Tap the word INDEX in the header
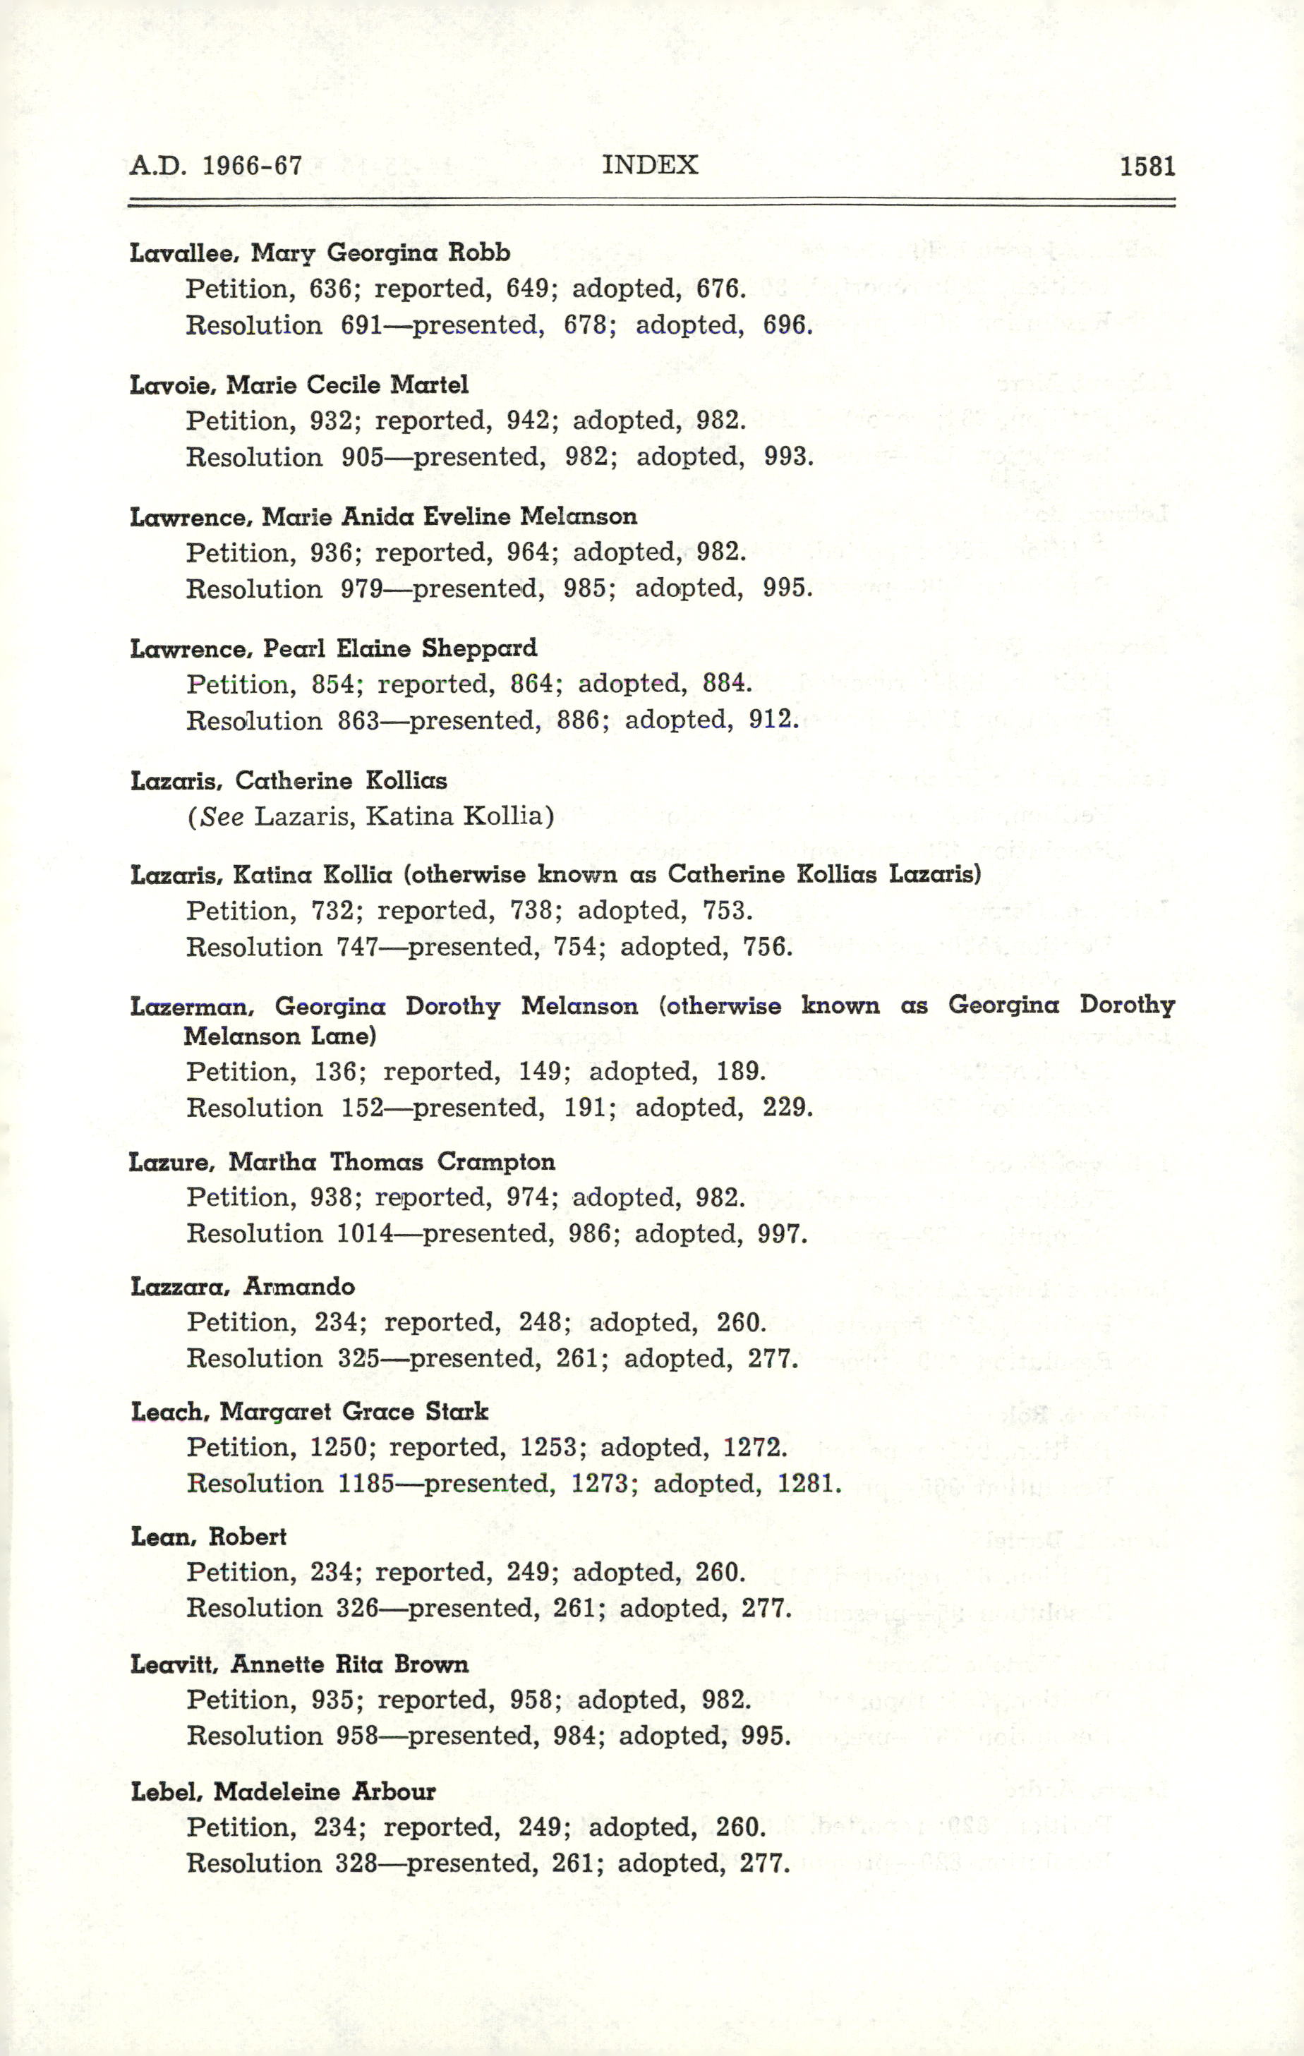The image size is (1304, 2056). [650, 164]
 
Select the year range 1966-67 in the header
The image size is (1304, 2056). [252, 165]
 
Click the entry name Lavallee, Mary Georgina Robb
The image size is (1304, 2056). [320, 253]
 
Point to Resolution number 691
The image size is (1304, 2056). [361, 325]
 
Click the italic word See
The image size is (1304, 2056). [223, 816]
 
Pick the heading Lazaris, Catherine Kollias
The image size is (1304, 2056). [288, 780]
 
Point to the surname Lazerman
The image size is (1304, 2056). [191, 1007]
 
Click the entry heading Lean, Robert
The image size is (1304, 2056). [208, 1536]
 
